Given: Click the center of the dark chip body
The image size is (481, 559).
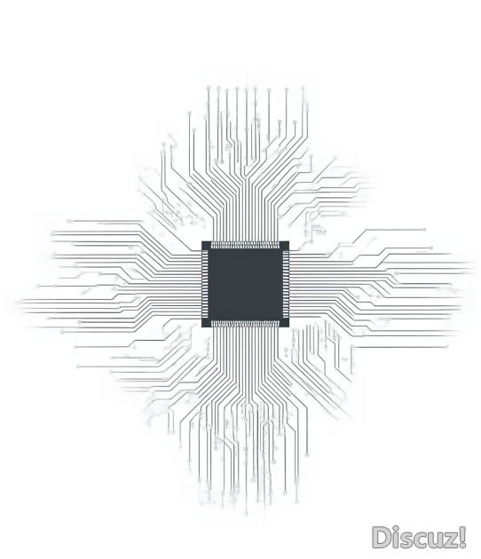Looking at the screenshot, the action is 245,284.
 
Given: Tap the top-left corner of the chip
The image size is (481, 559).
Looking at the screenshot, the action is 201,241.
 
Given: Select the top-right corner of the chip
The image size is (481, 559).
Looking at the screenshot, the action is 288,241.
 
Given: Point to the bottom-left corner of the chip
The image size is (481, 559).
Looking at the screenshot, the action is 201,327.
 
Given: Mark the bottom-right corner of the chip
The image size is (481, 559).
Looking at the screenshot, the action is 288,327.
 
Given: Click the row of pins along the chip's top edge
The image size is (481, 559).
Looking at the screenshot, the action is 245,245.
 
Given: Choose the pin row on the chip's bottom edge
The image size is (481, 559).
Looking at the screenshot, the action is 245,324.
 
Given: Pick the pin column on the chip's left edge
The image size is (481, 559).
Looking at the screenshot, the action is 205,284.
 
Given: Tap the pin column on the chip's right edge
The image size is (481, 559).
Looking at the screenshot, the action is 286,284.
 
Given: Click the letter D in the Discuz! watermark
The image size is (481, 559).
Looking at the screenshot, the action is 381,537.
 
